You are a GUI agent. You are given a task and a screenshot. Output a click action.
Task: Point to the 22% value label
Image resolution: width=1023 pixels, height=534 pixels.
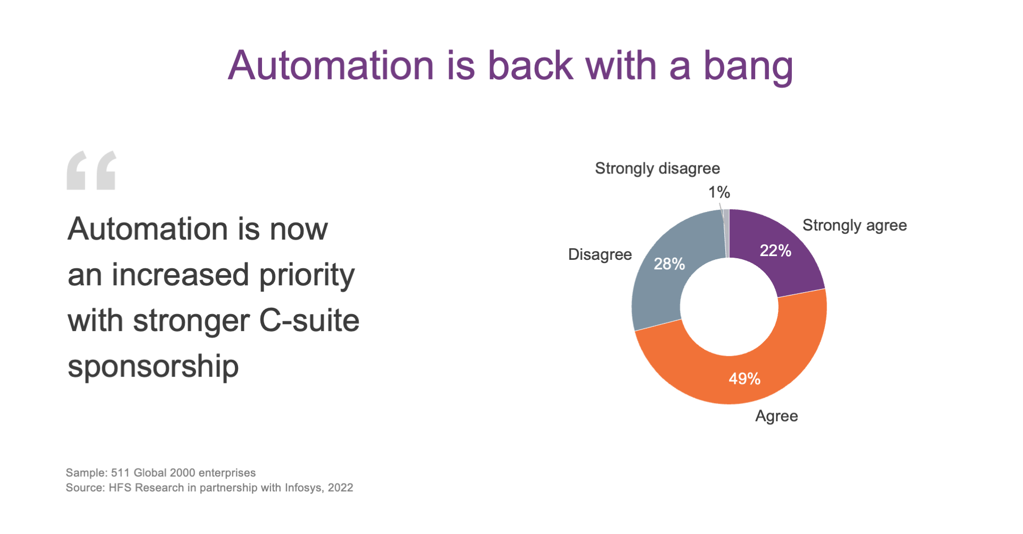[x=775, y=250]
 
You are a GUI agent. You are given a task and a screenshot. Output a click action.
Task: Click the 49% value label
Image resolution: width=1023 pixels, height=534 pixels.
[x=744, y=379]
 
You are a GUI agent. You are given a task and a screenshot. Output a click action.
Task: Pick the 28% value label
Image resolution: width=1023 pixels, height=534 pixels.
[x=669, y=264]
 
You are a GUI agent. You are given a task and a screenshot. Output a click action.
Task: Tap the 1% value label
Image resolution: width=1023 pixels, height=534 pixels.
[x=719, y=192]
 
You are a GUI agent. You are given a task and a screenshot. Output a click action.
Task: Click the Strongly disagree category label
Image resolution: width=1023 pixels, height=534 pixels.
[x=657, y=169]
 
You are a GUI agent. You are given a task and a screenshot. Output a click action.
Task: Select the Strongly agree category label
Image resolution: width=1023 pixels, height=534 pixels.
[x=855, y=226]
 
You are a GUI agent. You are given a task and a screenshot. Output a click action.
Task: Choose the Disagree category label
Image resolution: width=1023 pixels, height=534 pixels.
[x=600, y=254]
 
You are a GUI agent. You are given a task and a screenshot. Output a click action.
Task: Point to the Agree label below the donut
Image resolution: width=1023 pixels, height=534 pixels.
[x=776, y=416]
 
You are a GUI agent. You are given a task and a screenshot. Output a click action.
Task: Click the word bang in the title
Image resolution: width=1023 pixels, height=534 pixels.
[x=748, y=66]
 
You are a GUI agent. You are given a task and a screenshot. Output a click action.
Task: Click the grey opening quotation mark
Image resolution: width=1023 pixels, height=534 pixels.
[x=91, y=170]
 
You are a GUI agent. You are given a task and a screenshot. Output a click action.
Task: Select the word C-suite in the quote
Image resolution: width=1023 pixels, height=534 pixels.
[x=309, y=321]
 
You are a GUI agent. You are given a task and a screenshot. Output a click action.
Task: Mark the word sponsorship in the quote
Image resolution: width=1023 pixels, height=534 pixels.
[x=153, y=367]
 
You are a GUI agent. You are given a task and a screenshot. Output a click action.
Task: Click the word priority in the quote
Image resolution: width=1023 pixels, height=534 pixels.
[x=307, y=276]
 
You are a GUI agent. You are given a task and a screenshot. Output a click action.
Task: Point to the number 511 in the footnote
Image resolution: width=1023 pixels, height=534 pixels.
[x=120, y=473]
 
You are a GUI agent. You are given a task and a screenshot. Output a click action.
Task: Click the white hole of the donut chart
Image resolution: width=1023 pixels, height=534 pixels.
[x=729, y=307]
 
